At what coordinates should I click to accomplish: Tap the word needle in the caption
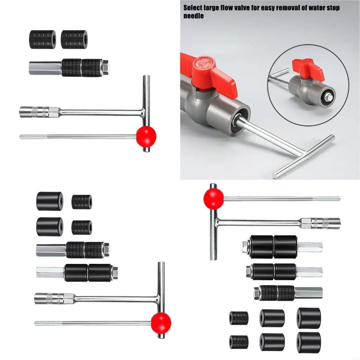point(193,16)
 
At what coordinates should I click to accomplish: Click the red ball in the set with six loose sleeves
point(213,199)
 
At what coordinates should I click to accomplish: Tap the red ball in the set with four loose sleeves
point(161,322)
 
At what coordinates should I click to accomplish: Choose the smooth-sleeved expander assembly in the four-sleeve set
point(77,272)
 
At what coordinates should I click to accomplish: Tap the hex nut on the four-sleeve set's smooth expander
point(114,272)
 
